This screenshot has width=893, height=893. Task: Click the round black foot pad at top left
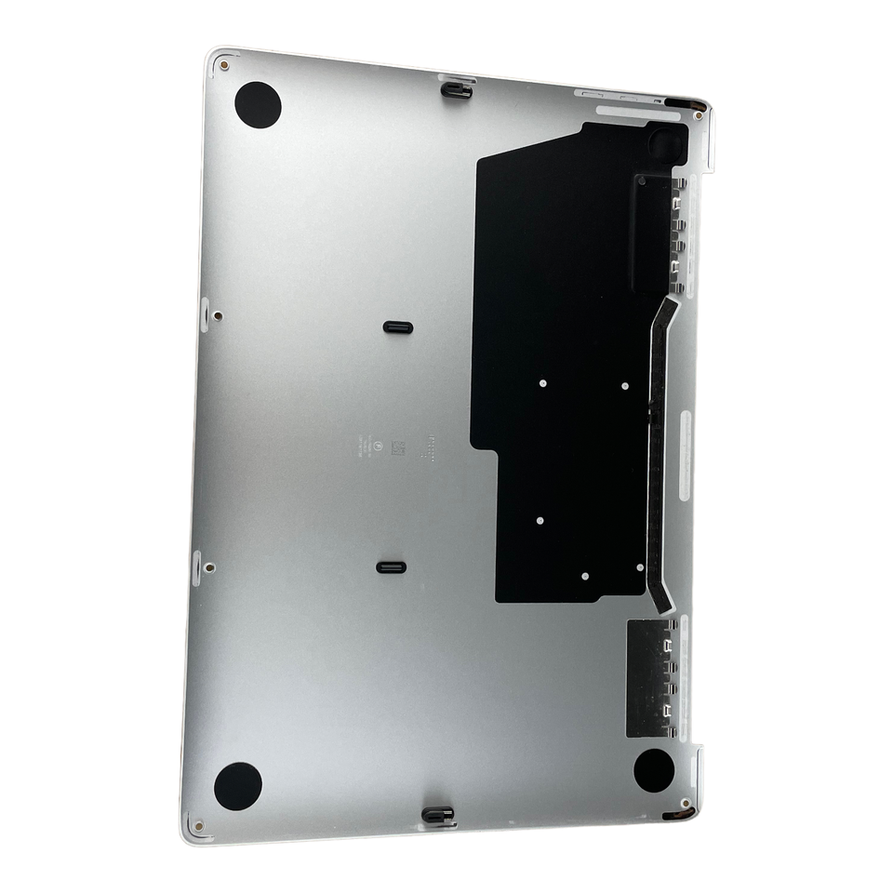pos(258,104)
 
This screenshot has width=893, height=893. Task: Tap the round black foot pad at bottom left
pos(237,786)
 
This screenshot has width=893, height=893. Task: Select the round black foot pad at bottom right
pos(654,770)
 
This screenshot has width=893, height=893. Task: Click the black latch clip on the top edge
pos(455,89)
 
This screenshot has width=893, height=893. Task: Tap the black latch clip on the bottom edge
pos(438,816)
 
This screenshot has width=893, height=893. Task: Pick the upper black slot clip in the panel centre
pos(398,327)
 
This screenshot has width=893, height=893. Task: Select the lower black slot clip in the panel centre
pos(390,567)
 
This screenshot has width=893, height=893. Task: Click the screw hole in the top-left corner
pos(224,66)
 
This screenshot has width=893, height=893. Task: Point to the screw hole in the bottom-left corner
pos(197,823)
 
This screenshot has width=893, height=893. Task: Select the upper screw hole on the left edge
pos(217,315)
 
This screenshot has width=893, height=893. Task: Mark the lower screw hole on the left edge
pos(208,566)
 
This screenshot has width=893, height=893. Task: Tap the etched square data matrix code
pos(398,447)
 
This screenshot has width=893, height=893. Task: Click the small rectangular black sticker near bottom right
pos(651,677)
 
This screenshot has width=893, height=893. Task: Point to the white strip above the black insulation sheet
pos(633,112)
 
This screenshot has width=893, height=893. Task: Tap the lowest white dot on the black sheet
pos(585,576)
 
